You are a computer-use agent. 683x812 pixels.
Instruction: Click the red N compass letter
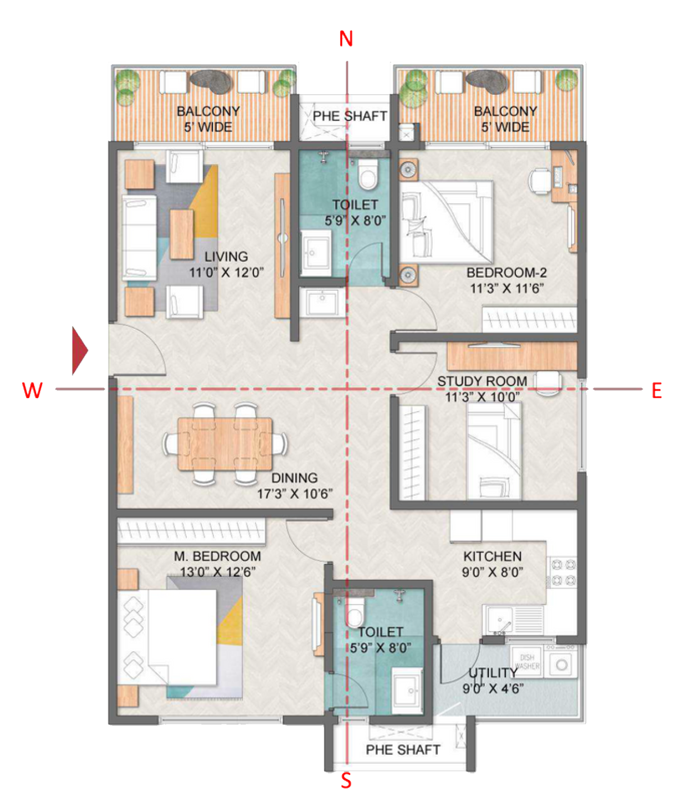[346, 39]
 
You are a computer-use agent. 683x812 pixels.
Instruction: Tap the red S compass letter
[346, 781]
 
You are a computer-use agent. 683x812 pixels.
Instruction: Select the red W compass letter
[32, 390]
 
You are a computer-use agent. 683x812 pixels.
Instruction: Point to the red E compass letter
[657, 391]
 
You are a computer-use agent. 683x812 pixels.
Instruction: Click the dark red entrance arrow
[79, 350]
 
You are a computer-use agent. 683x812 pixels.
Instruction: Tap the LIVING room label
[226, 256]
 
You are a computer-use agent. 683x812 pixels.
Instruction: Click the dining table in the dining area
[224, 443]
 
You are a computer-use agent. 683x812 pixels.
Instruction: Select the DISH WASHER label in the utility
[527, 661]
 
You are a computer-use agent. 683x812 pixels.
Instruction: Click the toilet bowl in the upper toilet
[368, 174]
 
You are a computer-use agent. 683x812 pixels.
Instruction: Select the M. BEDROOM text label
[217, 556]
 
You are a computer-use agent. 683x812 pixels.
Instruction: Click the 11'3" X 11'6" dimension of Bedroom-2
[506, 288]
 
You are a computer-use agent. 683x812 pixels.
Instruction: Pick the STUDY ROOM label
[482, 381]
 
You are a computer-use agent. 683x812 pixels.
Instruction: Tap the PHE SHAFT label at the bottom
[403, 750]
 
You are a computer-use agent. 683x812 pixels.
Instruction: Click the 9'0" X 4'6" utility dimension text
[493, 689]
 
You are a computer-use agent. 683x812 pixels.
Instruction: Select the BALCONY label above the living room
[208, 111]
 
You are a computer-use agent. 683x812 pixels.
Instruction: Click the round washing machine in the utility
[562, 664]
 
